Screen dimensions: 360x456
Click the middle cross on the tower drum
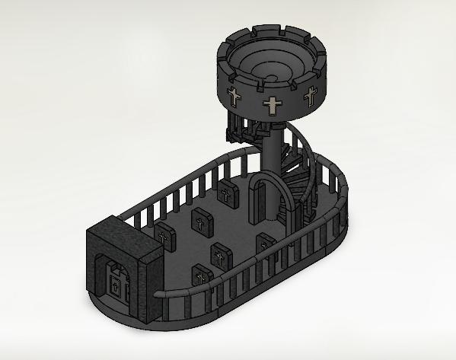tap(272, 106)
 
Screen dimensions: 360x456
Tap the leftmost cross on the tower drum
tap(234, 97)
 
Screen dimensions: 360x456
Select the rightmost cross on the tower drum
tap(310, 96)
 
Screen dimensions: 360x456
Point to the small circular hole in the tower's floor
tap(273, 79)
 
